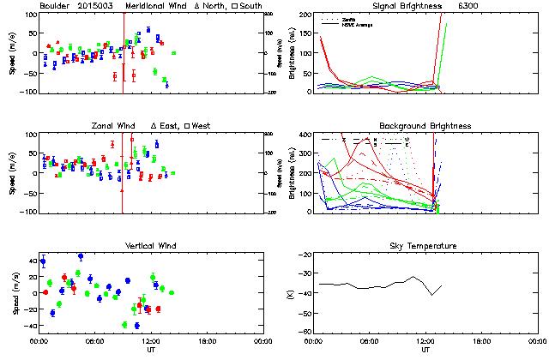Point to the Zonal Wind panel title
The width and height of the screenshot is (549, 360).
point(110,126)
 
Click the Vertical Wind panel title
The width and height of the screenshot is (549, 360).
point(149,246)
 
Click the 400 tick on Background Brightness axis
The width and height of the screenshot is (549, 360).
point(304,135)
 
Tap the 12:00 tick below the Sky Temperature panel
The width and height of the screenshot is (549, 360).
point(425,340)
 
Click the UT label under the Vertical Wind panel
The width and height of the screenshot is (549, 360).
point(150,350)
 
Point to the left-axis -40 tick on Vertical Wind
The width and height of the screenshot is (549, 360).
point(28,326)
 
